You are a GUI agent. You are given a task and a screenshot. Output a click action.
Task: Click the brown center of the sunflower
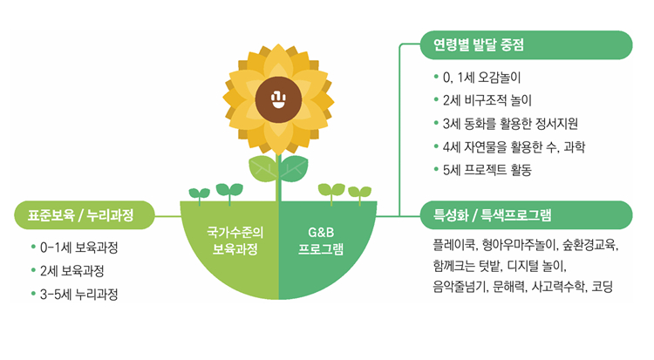(278, 99)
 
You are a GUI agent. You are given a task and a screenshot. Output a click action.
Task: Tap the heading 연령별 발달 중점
(479, 44)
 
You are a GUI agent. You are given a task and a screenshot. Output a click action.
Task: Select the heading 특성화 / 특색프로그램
(492, 214)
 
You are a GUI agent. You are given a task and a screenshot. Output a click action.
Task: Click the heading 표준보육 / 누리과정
(80, 215)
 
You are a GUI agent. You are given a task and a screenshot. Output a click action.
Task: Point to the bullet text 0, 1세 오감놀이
(481, 78)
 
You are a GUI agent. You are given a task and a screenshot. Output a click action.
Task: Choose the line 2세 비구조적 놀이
(487, 100)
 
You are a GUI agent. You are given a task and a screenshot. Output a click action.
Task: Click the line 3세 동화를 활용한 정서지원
(510, 124)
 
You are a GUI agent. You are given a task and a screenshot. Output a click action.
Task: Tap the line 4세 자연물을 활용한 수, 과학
(514, 146)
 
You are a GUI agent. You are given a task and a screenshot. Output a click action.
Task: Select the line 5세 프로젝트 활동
(487, 170)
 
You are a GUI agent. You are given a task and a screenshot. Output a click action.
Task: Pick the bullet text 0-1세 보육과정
(78, 248)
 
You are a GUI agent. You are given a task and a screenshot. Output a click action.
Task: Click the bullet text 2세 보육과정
(72, 271)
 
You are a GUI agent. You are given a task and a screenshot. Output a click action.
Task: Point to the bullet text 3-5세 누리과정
(78, 294)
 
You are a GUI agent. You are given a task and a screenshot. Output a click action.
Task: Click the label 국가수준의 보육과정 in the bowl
(235, 241)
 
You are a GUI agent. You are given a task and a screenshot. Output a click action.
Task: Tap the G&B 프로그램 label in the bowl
(321, 241)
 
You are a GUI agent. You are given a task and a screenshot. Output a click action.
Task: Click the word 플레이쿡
(453, 244)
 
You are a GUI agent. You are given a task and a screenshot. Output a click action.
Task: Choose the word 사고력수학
(558, 287)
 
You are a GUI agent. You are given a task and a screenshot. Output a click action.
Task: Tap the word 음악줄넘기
(460, 287)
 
